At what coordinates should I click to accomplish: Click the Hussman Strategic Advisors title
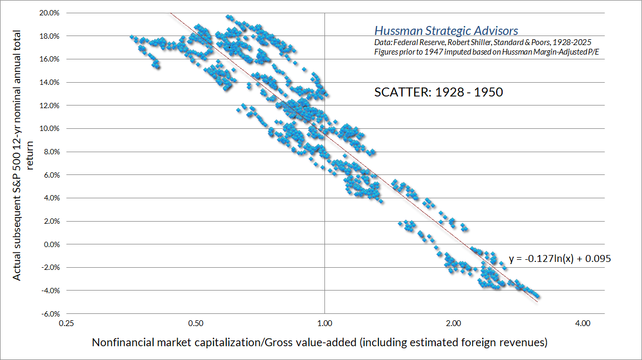point(446,31)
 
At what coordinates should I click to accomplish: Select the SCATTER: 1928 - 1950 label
point(438,92)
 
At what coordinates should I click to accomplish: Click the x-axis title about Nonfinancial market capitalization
point(319,343)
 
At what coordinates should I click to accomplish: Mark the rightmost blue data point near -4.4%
point(537,296)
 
